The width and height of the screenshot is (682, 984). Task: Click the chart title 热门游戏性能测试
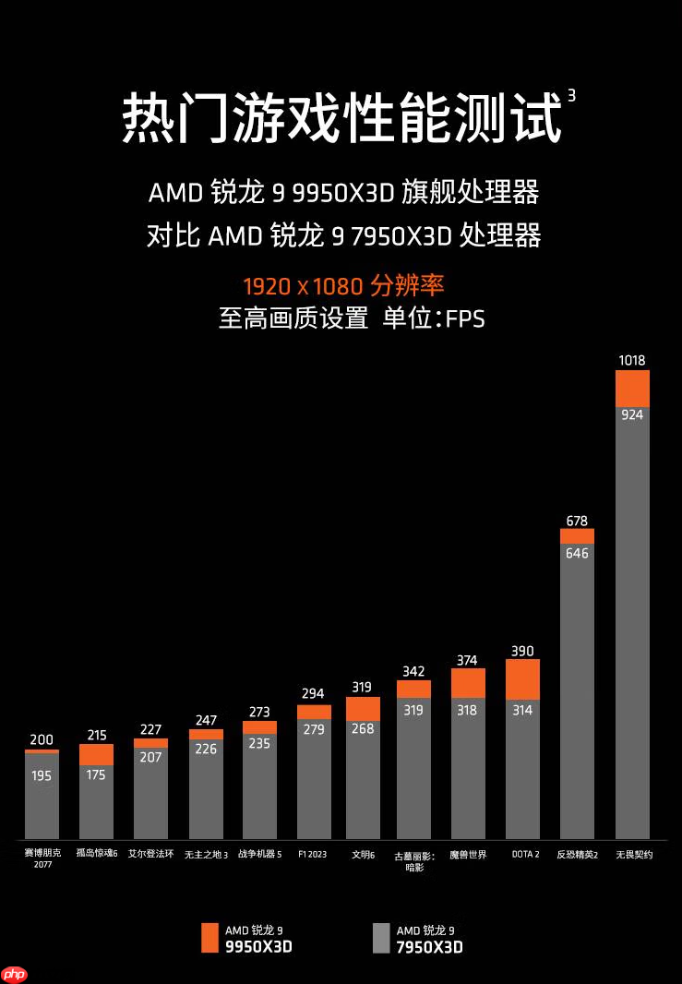[341, 118]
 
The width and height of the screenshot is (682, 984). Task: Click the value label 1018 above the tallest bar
[632, 360]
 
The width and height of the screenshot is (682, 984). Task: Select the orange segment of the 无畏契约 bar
[632, 389]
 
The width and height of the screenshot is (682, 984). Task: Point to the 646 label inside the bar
[577, 554]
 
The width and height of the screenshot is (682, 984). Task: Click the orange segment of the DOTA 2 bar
[522, 678]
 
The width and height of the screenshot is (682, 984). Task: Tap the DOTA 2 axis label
[525, 855]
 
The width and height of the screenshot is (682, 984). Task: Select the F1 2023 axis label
[313, 855]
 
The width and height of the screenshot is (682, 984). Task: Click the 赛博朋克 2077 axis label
[42, 859]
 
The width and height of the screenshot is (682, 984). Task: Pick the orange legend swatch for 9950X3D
[209, 938]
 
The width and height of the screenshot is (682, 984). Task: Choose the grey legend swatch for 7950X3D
[381, 938]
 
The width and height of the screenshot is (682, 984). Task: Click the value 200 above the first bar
[42, 739]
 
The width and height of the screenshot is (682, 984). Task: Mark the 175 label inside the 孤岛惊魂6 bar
[96, 774]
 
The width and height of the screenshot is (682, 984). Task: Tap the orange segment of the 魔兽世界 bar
[468, 683]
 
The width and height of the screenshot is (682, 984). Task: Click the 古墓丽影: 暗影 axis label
[413, 861]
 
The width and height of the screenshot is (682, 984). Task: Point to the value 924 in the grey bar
[632, 414]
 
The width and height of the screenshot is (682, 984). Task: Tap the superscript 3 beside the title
[571, 95]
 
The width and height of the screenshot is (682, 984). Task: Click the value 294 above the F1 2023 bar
[313, 693]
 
